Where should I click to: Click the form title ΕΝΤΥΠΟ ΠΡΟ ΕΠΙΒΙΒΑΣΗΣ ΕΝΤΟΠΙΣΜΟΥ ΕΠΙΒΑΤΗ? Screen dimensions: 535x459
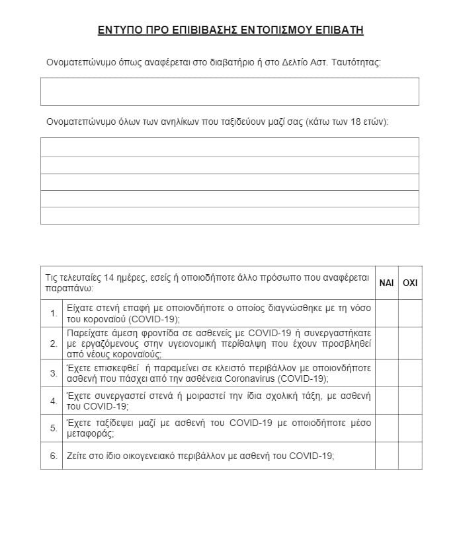[x=230, y=30]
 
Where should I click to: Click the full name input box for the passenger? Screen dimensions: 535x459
[x=230, y=91]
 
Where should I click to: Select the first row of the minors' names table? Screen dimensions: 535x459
[x=230, y=147]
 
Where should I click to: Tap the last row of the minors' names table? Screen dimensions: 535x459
[x=230, y=215]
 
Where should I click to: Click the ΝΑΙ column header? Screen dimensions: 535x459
[x=386, y=283]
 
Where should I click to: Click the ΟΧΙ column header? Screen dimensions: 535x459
[x=410, y=283]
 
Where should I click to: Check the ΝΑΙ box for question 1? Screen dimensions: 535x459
[x=386, y=313]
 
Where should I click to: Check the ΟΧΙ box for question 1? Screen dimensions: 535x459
[x=410, y=313]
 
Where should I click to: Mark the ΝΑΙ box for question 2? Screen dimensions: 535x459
[x=386, y=343]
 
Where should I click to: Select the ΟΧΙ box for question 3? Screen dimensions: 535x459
[x=410, y=373]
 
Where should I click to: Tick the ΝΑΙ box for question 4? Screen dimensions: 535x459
[x=386, y=401]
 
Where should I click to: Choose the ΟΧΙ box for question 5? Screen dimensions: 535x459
[x=410, y=428]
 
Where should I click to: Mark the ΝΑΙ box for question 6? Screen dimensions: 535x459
[x=386, y=456]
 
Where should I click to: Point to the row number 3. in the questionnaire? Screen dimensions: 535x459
[x=54, y=373]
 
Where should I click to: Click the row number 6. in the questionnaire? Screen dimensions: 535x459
[x=54, y=456]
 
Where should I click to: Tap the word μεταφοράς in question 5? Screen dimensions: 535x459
[x=91, y=434]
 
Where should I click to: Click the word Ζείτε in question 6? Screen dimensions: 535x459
[x=77, y=456]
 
